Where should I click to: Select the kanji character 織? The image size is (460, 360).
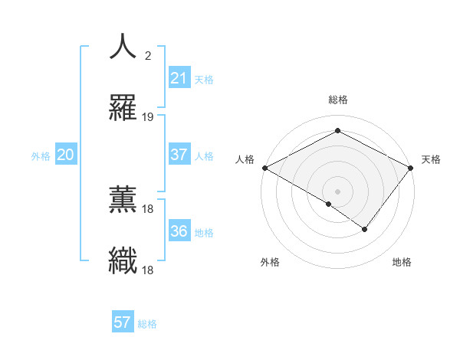[x=123, y=260]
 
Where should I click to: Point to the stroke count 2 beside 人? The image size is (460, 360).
[x=148, y=55]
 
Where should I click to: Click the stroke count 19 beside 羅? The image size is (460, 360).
[x=148, y=116]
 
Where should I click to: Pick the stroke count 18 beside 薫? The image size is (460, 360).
[x=148, y=208]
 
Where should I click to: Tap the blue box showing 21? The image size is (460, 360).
[x=179, y=78]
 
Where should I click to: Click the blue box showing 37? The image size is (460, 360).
[x=179, y=155]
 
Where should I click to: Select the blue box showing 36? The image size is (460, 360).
[x=179, y=231]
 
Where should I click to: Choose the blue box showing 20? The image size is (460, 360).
[x=65, y=155]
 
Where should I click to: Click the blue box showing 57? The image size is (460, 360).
[x=123, y=322]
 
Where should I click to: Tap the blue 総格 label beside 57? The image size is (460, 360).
[x=147, y=324]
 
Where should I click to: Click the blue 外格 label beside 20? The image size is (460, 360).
[x=41, y=156]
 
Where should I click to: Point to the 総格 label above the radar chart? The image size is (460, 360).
[x=337, y=100]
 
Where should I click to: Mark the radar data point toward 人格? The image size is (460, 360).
[x=264, y=168]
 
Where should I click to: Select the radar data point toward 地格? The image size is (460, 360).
[x=365, y=229]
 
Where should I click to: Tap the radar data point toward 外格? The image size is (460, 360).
[x=329, y=204]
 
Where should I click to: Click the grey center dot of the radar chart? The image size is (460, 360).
[x=337, y=191]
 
